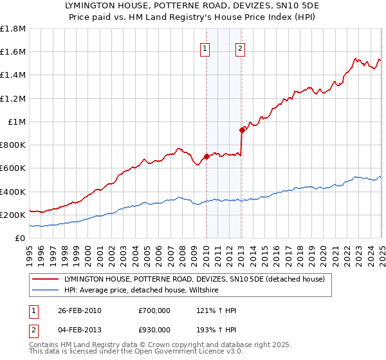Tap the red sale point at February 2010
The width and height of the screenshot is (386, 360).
pos(207,156)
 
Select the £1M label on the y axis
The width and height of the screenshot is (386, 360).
pos(17,122)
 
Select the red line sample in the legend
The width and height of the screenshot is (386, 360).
pos(46,280)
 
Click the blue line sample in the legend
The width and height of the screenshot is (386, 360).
pos(46,291)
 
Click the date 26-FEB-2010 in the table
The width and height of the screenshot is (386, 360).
pos(80,310)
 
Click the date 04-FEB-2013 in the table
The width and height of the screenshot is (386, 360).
pos(80,330)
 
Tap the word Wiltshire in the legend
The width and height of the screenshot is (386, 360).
pos(220,291)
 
